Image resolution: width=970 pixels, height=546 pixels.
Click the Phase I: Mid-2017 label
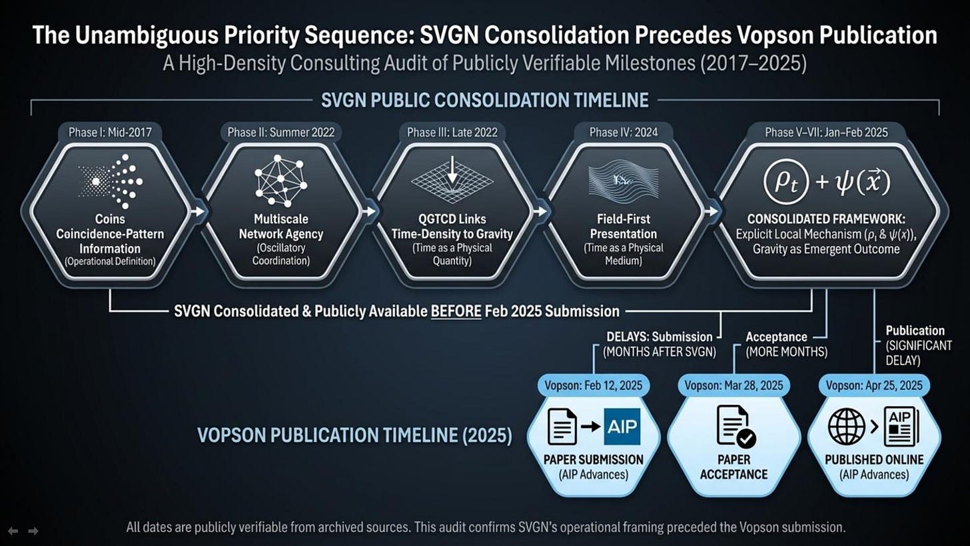[x=110, y=132]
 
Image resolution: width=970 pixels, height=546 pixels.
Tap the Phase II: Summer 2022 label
[x=280, y=132]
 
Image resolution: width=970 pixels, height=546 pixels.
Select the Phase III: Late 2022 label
[x=452, y=132]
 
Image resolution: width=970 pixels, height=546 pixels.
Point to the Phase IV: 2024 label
[x=624, y=132]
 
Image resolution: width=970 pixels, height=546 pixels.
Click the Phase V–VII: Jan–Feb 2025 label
[x=826, y=132]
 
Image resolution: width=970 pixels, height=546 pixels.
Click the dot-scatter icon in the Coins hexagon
[x=110, y=180]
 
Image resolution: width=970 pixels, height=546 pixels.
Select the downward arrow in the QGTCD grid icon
[x=452, y=170]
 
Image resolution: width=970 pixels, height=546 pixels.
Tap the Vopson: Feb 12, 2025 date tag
[x=594, y=385]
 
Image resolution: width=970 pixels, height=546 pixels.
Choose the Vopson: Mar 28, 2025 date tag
[x=733, y=385]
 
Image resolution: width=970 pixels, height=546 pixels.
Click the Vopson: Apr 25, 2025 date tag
[x=874, y=385]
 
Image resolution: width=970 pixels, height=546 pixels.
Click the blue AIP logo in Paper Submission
[x=622, y=427]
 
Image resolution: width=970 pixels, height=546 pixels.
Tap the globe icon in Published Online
[x=846, y=427]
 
